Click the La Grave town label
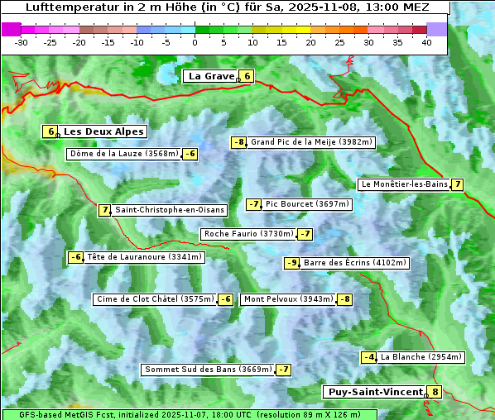coord(211,76)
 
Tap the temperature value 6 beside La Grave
coord(247,76)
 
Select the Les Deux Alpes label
coord(104,131)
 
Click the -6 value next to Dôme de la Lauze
coord(190,154)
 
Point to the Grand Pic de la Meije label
coord(312,142)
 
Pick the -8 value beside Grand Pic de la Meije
coord(239,142)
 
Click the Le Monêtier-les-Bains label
coord(404,184)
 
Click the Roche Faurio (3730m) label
coord(248,234)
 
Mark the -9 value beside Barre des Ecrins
coord(291,263)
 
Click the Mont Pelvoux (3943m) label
coord(288,299)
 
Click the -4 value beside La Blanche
coord(369,357)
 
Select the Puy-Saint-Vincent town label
coord(373,392)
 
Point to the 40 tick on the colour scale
coord(426,42)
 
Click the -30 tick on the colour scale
coord(22,42)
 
